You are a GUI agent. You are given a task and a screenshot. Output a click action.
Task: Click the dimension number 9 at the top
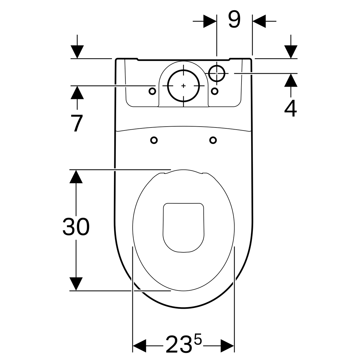(234, 19)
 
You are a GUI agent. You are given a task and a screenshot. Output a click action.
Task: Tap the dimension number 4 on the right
(290, 108)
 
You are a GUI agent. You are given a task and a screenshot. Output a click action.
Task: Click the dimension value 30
(76, 226)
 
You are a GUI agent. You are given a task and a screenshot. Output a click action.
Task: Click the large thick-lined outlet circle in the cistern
(184, 86)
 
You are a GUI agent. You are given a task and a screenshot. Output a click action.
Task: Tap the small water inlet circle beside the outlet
(217, 73)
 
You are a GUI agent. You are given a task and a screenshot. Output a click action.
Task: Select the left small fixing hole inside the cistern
(152, 91)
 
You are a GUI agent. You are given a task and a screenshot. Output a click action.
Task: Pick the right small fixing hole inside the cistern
(215, 91)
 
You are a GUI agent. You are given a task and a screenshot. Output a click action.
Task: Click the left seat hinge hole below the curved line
(154, 140)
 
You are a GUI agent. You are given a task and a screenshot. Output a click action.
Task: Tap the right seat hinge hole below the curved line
(213, 140)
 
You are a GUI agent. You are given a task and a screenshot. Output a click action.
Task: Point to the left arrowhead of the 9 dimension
(210, 21)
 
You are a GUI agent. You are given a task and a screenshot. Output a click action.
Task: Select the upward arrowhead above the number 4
(291, 80)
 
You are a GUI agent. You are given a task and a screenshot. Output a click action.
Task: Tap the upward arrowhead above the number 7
(77, 92)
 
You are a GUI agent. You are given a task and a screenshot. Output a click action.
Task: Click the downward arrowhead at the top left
(77, 52)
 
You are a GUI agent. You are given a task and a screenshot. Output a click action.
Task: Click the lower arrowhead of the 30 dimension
(76, 284)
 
